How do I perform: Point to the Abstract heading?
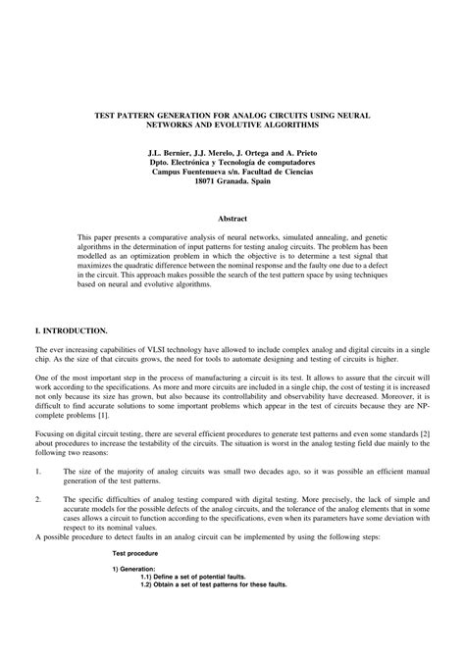point(232,217)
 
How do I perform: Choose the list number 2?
point(38,499)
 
